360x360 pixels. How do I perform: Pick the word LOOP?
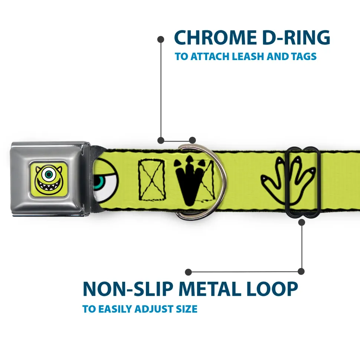coord(271,289)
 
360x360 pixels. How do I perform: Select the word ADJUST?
coord(152,309)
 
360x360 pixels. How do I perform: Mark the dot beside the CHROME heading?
coord(161,39)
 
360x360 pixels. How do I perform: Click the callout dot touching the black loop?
coord(301,222)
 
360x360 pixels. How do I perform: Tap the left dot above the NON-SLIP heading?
coord(189,272)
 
